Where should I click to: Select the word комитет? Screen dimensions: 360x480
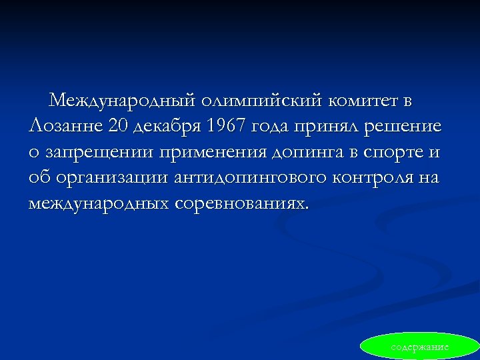[x=363, y=101]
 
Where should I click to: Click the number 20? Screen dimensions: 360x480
[x=111, y=127]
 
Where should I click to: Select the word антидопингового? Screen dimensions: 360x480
[x=242, y=177]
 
